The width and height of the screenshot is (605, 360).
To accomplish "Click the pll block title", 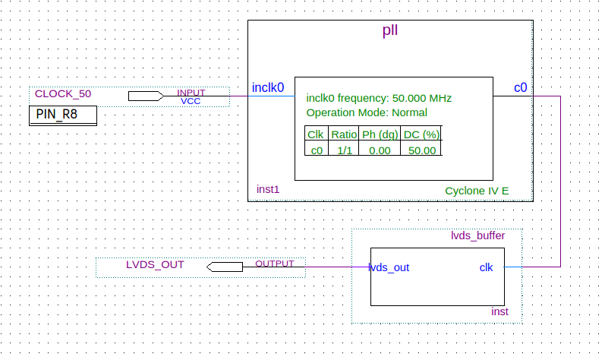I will (389, 31).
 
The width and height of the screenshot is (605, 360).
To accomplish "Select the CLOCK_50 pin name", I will (63, 94).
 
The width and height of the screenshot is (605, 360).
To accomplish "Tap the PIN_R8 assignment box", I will (63, 115).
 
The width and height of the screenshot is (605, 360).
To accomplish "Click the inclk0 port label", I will (268, 88).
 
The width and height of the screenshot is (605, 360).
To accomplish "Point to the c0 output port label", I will (520, 88).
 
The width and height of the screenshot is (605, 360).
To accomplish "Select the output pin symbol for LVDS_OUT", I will (225, 267).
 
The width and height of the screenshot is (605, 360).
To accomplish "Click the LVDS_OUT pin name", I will (155, 265).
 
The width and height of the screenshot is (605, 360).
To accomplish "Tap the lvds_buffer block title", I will (477, 236).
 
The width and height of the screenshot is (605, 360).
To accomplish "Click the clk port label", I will (486, 267).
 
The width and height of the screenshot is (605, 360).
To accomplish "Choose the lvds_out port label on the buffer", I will (389, 267).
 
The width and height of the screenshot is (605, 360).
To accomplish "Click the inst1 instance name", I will (268, 189).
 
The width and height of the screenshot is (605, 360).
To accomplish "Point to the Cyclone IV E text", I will (477, 190).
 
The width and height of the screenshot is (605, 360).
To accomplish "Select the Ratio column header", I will (344, 134).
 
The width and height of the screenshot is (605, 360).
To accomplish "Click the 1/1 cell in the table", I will (344, 150).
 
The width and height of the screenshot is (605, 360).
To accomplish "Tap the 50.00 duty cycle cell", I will (422, 150).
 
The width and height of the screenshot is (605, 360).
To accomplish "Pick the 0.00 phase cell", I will (380, 150).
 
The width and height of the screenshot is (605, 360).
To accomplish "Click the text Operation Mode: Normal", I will (366, 112).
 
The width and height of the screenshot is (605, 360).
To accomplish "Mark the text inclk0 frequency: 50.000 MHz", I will (379, 98).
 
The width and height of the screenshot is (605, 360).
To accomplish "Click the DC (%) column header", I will (422, 134).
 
